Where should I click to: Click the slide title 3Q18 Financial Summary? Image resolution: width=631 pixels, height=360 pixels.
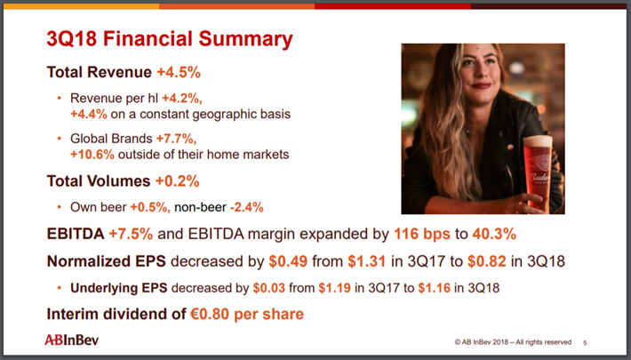[x=169, y=39]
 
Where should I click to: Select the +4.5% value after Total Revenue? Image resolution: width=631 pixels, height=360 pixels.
[x=180, y=70]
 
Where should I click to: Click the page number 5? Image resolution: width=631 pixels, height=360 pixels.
[x=585, y=342]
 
